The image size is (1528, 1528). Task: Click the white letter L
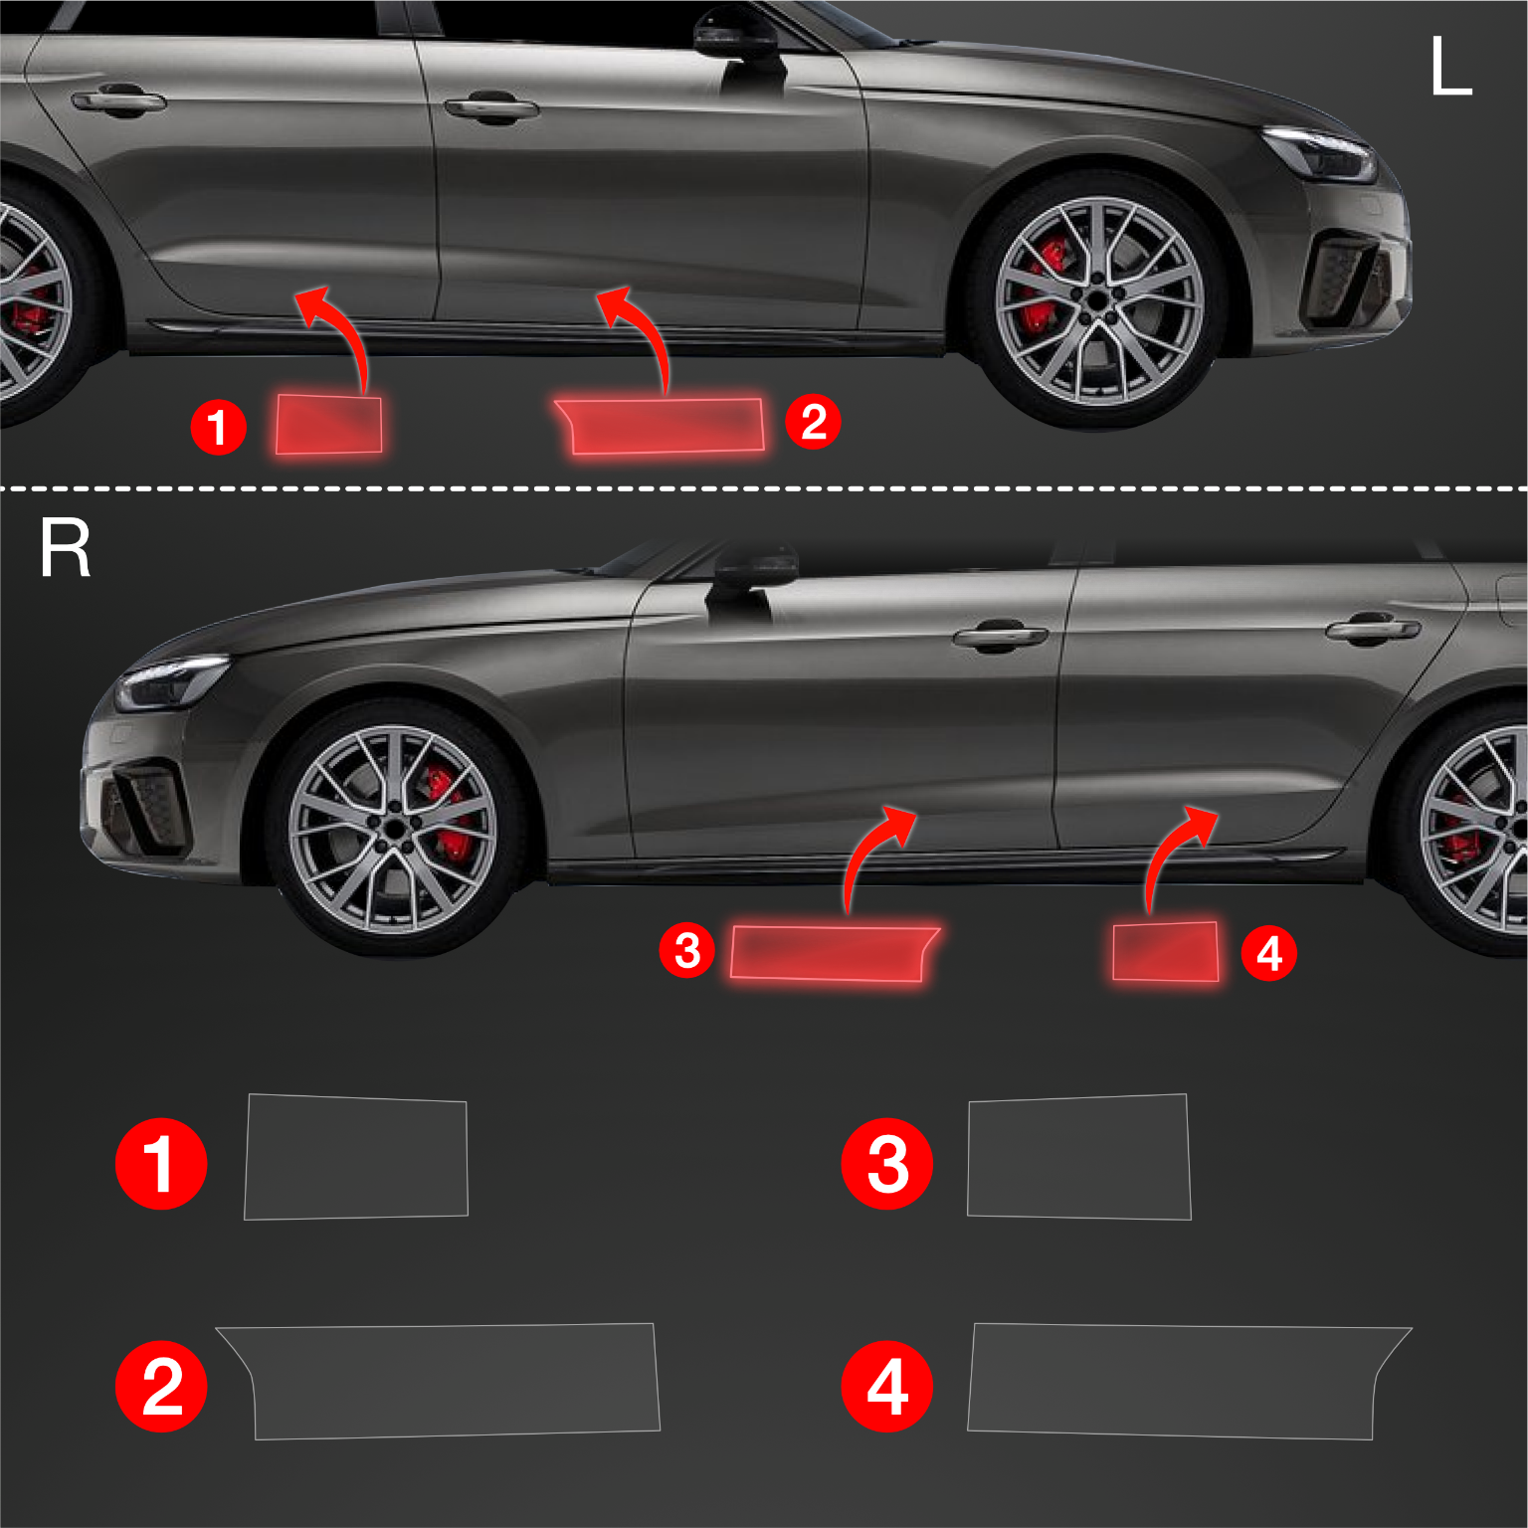(1449, 67)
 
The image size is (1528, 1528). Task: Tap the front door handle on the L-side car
(490, 107)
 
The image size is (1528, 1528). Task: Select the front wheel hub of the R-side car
(394, 828)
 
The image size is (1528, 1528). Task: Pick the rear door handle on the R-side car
(1373, 629)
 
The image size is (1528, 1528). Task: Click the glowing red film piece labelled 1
(328, 425)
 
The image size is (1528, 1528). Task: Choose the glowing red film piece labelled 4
(1165, 952)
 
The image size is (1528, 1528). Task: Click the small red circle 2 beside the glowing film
(813, 421)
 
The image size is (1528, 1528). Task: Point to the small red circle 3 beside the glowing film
(687, 950)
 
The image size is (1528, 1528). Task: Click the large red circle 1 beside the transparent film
(161, 1163)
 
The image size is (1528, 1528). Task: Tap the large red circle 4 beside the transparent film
(886, 1386)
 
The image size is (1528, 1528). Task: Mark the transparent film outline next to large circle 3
(1078, 1157)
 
